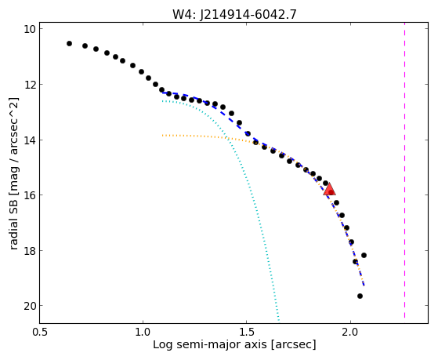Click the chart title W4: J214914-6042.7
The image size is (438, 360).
point(234,14)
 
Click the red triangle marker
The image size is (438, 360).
point(329,189)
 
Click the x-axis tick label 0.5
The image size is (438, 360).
point(40,333)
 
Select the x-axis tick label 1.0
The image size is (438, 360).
point(143,333)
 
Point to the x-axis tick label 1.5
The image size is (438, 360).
point(246,333)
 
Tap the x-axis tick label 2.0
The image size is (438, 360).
point(350,333)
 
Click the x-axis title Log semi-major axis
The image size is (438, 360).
point(210,344)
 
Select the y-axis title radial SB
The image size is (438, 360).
point(13,220)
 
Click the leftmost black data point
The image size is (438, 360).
point(69,43)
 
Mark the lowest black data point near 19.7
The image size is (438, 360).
point(360,296)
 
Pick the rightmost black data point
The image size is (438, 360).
point(364,255)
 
